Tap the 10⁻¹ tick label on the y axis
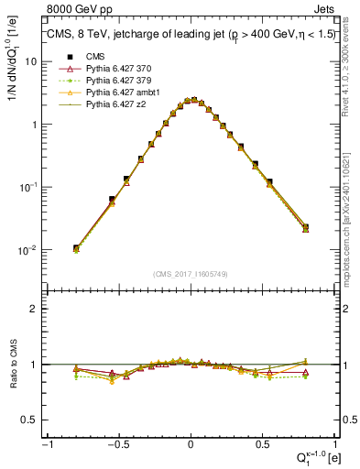click(x=28, y=187)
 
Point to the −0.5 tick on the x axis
click(x=117, y=444)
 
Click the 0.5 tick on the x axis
click(x=262, y=444)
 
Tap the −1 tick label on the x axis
click(x=46, y=444)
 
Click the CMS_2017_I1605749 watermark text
click(x=190, y=274)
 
